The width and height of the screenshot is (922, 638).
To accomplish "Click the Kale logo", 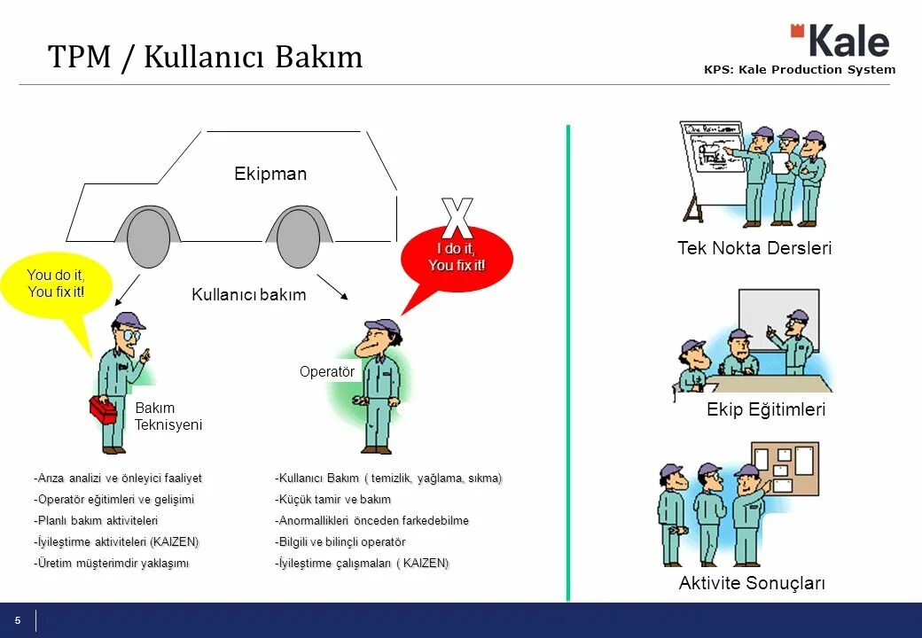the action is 840,41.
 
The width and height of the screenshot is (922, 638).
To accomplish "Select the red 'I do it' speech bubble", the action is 457,257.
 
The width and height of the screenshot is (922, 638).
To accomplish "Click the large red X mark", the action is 457,217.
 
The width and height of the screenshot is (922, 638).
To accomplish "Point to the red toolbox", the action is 103,409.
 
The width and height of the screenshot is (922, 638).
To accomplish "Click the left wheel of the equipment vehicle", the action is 147,237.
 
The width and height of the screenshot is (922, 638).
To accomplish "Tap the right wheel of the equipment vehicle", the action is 298,237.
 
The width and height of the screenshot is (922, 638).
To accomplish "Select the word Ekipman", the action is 270,175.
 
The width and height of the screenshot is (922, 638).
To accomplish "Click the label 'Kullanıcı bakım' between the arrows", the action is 248,295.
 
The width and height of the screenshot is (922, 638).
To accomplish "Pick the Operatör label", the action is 326,372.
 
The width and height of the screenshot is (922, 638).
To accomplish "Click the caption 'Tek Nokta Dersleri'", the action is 754,248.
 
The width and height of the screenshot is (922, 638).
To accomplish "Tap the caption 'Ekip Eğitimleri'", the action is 766,409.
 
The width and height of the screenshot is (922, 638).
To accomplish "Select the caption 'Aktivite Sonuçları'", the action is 752,583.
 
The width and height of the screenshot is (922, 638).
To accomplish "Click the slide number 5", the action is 17,620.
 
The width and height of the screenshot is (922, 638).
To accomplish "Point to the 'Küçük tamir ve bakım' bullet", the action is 333,500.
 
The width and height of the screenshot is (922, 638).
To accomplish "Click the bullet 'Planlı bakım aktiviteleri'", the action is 96,521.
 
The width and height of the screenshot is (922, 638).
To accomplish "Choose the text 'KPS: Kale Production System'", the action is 800,70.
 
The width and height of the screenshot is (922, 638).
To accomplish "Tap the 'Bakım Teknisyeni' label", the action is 168,416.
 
